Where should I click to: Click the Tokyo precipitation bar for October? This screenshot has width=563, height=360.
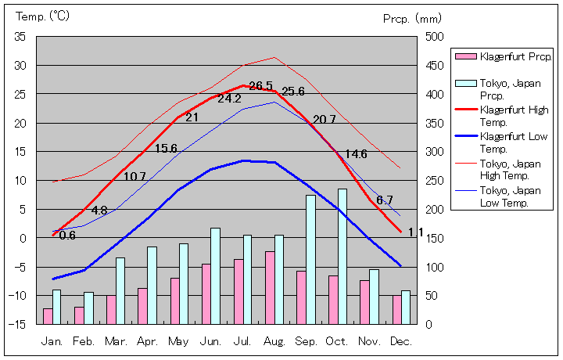pyautogui.click(x=342, y=256)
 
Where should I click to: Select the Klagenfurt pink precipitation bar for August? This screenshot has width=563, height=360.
pyautogui.click(x=270, y=287)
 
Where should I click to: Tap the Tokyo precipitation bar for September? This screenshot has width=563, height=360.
pyautogui.click(x=310, y=259)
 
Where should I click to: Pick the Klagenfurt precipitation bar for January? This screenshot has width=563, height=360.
pyautogui.click(x=48, y=315)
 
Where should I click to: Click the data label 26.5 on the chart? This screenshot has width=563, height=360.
pyautogui.click(x=260, y=86)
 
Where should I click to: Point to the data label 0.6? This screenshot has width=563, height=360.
pyautogui.click(x=67, y=236)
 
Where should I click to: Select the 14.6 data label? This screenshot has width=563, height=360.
pyautogui.click(x=356, y=154)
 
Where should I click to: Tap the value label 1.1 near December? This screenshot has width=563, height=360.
pyautogui.click(x=415, y=232)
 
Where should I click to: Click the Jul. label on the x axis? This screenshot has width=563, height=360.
pyautogui.click(x=242, y=341)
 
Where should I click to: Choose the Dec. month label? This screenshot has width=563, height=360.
pyautogui.click(x=402, y=341)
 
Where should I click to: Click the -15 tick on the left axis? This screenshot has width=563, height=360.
pyautogui.click(x=18, y=324)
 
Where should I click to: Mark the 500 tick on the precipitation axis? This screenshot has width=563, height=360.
pyautogui.click(x=435, y=37)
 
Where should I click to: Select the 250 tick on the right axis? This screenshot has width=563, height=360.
pyautogui.click(x=435, y=181)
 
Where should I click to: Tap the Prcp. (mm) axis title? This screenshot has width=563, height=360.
pyautogui.click(x=413, y=18)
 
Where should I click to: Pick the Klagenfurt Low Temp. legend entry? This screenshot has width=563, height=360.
pyautogui.click(x=514, y=142)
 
